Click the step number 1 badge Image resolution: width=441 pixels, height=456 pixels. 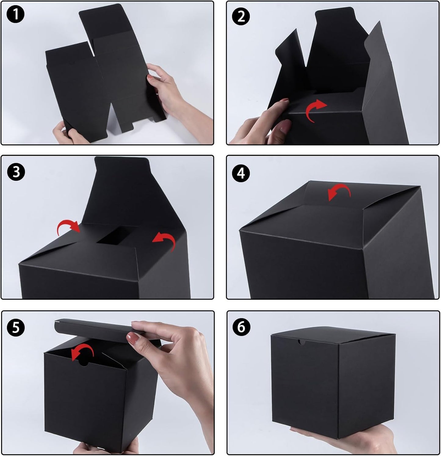pos(15,15)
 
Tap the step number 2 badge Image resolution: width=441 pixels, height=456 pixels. pos(241,16)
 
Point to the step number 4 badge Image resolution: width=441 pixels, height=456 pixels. pos(241,173)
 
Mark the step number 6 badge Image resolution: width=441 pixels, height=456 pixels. pos(241,327)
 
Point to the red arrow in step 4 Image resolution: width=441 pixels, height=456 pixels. pos(339,192)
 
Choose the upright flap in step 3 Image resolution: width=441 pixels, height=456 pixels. pos(119,189)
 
